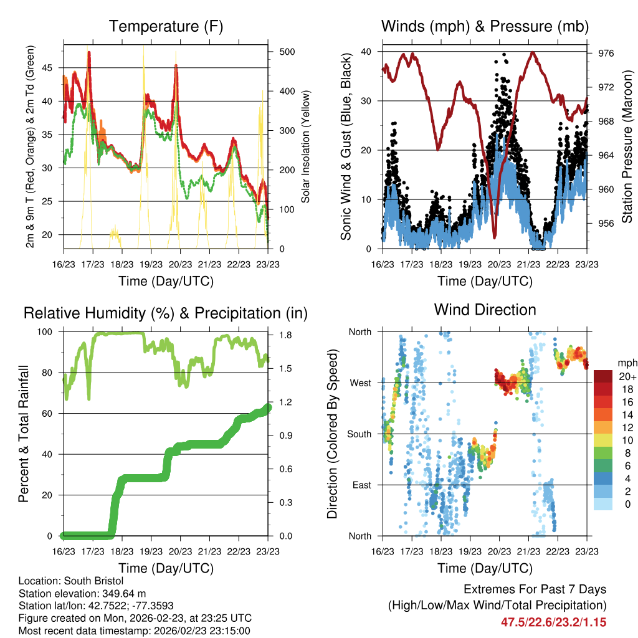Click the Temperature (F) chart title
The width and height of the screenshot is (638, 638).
[x=166, y=26]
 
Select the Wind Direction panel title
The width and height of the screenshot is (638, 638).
[x=485, y=310]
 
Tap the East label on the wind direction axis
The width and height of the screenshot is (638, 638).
[x=361, y=485]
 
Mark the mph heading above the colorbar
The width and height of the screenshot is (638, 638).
[x=625, y=363]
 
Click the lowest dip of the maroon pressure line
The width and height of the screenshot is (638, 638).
[x=494, y=237]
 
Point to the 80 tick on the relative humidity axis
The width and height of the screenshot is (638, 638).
[x=51, y=373]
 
